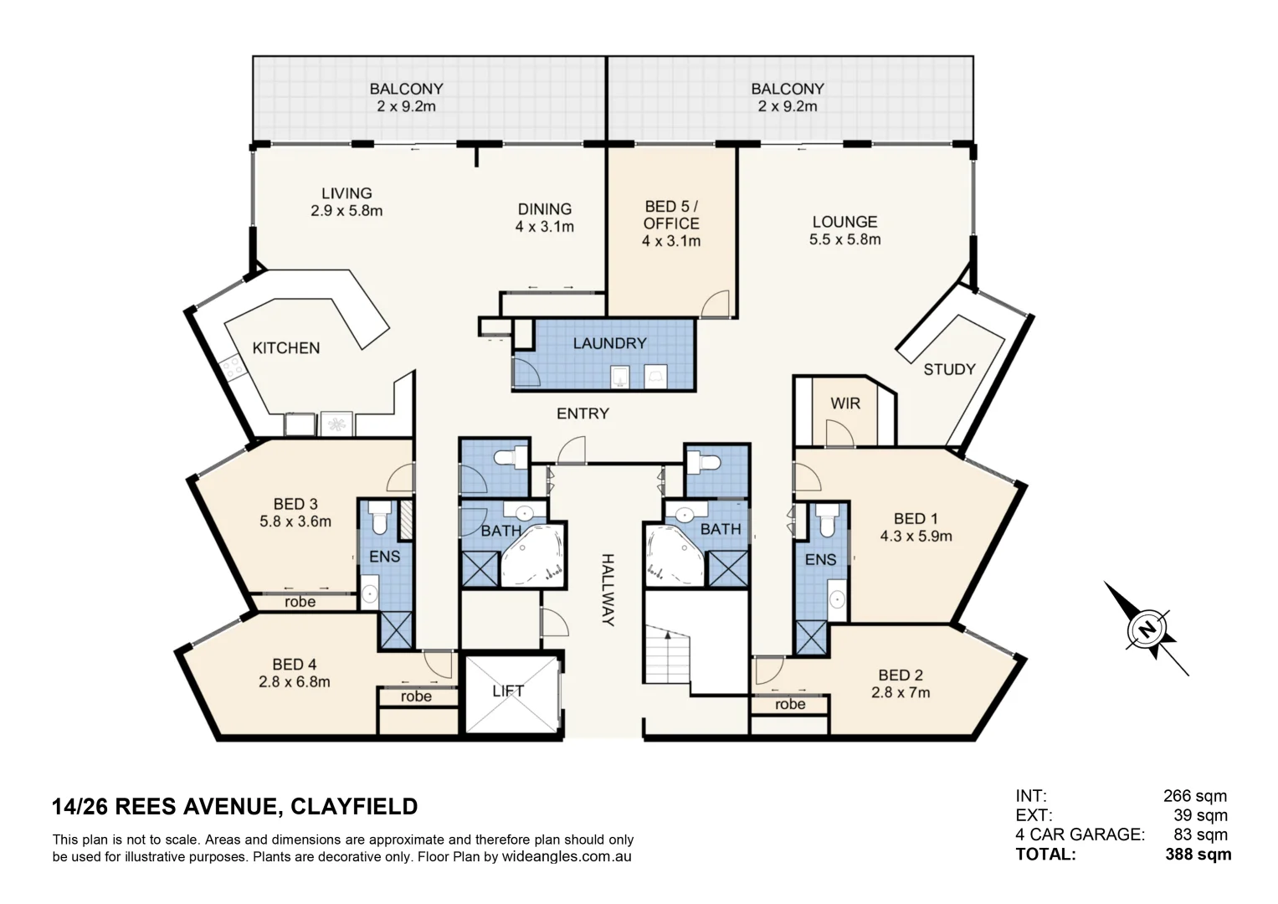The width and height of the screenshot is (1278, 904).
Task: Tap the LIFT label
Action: tap(507, 691)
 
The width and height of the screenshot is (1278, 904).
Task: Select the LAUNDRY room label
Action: tap(609, 343)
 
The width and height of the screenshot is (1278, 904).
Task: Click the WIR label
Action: tap(845, 403)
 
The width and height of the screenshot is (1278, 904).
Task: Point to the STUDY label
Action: tap(949, 369)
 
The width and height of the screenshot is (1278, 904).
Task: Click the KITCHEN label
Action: tap(286, 348)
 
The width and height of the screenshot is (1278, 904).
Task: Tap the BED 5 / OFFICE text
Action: tap(671, 215)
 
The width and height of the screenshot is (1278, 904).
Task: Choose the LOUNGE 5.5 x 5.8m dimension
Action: tap(845, 239)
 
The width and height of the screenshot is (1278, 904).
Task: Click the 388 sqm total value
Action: tap(1198, 855)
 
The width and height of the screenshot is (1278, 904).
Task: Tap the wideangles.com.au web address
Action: tap(566, 857)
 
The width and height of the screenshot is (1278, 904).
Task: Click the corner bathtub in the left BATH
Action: tap(532, 557)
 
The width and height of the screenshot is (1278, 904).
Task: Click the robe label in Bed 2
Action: tap(789, 704)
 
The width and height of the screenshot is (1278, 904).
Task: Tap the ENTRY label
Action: tap(583, 413)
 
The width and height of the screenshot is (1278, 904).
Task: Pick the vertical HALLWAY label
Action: tap(608, 590)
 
